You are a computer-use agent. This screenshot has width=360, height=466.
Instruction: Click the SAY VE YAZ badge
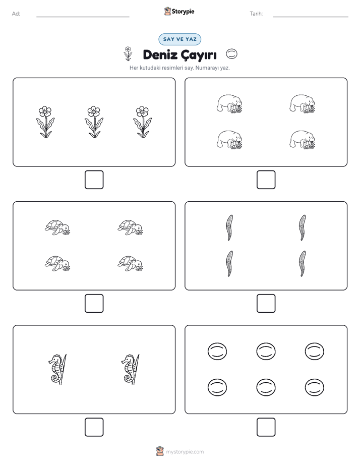179,39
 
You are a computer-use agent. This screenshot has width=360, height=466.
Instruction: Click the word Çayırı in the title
199,55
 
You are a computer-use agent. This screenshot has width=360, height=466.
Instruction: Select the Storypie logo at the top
179,11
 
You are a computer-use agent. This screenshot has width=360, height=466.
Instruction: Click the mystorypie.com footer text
185,452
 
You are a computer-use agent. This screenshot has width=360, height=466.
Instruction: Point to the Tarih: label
256,14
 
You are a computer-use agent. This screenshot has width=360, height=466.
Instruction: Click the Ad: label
16,14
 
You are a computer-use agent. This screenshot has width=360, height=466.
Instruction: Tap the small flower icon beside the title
128,53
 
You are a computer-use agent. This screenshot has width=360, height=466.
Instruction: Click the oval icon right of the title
232,54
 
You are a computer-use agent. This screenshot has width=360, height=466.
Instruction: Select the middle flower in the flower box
94,122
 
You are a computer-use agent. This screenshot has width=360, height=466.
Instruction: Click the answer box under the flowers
94,180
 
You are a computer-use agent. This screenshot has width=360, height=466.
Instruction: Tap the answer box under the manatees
266,180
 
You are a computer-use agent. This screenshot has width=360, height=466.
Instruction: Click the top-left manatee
229,104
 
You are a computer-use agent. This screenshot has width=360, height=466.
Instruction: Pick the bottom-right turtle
131,263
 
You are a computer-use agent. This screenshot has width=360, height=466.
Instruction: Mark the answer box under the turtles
94,304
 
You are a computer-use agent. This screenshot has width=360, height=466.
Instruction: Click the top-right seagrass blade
303,227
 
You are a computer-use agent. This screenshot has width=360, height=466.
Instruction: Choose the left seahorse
57,369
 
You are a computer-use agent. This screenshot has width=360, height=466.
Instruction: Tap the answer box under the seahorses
94,427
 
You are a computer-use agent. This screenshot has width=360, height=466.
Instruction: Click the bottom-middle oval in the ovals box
266,387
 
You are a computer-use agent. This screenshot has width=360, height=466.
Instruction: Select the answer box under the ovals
266,427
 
